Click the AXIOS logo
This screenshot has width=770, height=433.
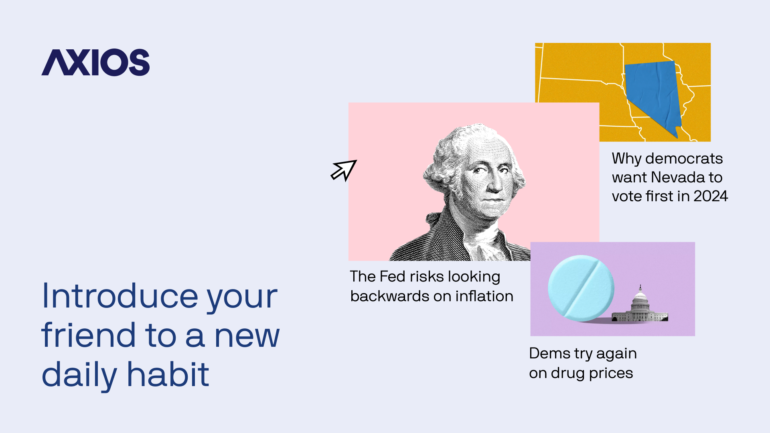coord(95,62)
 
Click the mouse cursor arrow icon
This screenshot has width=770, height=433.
coord(344,170)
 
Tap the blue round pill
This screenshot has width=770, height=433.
coord(581,288)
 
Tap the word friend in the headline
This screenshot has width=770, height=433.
coord(89,335)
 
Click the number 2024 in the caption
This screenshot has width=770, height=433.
coord(711,196)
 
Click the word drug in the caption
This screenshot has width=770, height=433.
coord(567,373)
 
